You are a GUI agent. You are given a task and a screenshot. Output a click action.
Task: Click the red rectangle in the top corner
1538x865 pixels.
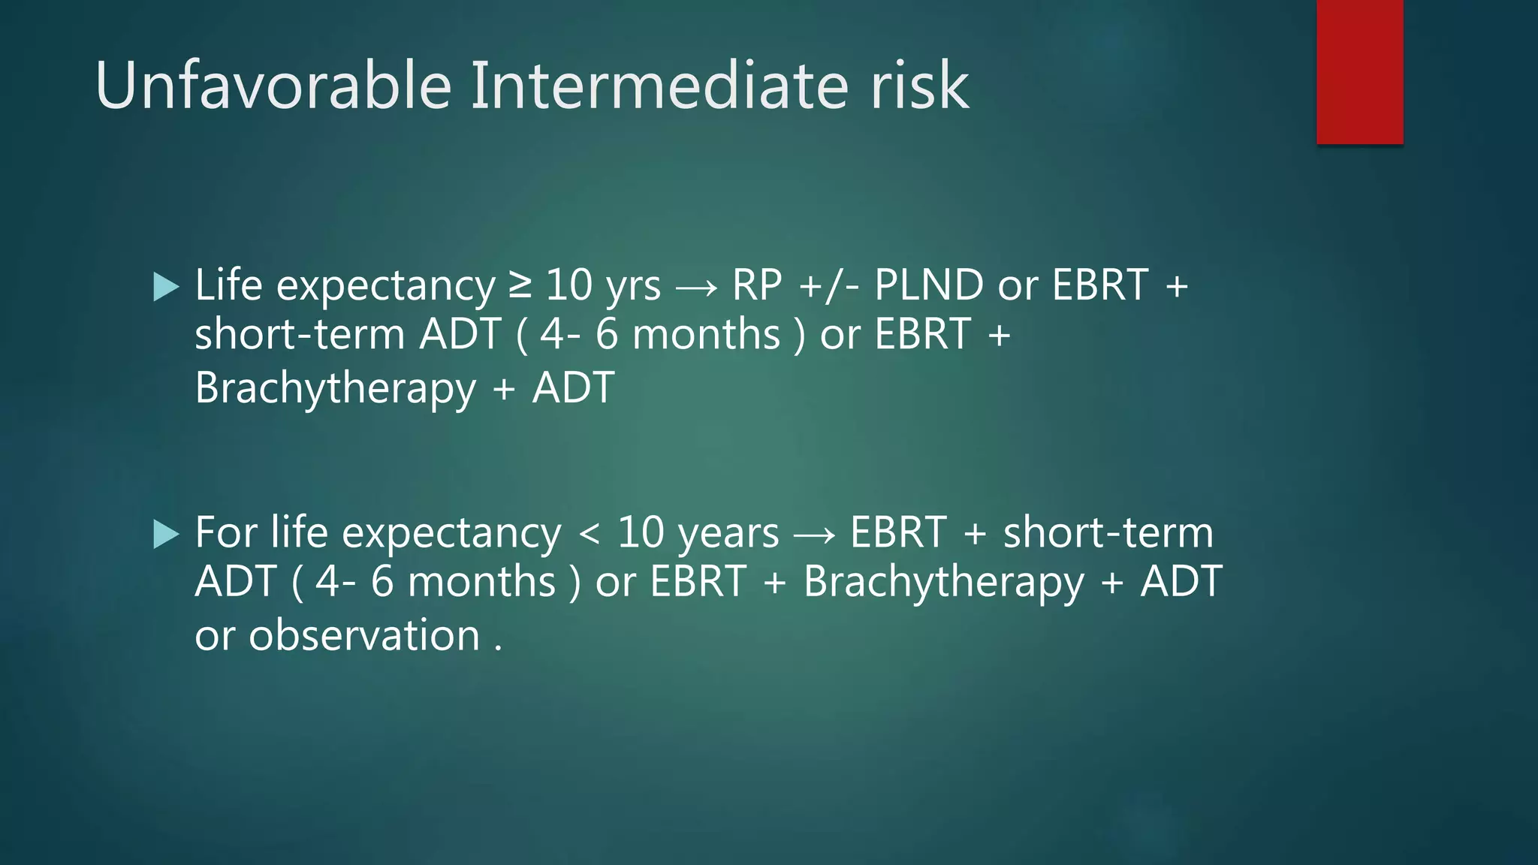point(1359,71)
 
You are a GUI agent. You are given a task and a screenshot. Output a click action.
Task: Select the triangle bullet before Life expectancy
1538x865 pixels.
point(165,287)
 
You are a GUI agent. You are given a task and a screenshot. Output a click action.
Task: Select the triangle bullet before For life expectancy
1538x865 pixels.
point(165,535)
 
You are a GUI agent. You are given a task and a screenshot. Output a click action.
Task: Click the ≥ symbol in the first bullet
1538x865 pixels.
point(520,286)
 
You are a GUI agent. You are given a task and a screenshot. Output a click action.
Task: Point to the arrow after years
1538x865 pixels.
point(814,535)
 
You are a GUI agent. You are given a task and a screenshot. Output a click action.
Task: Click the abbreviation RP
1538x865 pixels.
point(757,285)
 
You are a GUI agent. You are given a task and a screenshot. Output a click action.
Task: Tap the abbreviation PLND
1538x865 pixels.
point(929,285)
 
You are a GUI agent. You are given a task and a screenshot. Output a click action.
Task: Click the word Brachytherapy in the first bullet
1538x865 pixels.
point(336,389)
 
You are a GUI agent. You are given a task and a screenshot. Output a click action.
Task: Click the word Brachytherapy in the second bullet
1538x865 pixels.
point(944,583)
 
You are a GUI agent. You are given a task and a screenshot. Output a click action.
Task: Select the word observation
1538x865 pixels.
point(364,635)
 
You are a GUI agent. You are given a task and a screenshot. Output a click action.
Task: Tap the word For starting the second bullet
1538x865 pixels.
point(226,533)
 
